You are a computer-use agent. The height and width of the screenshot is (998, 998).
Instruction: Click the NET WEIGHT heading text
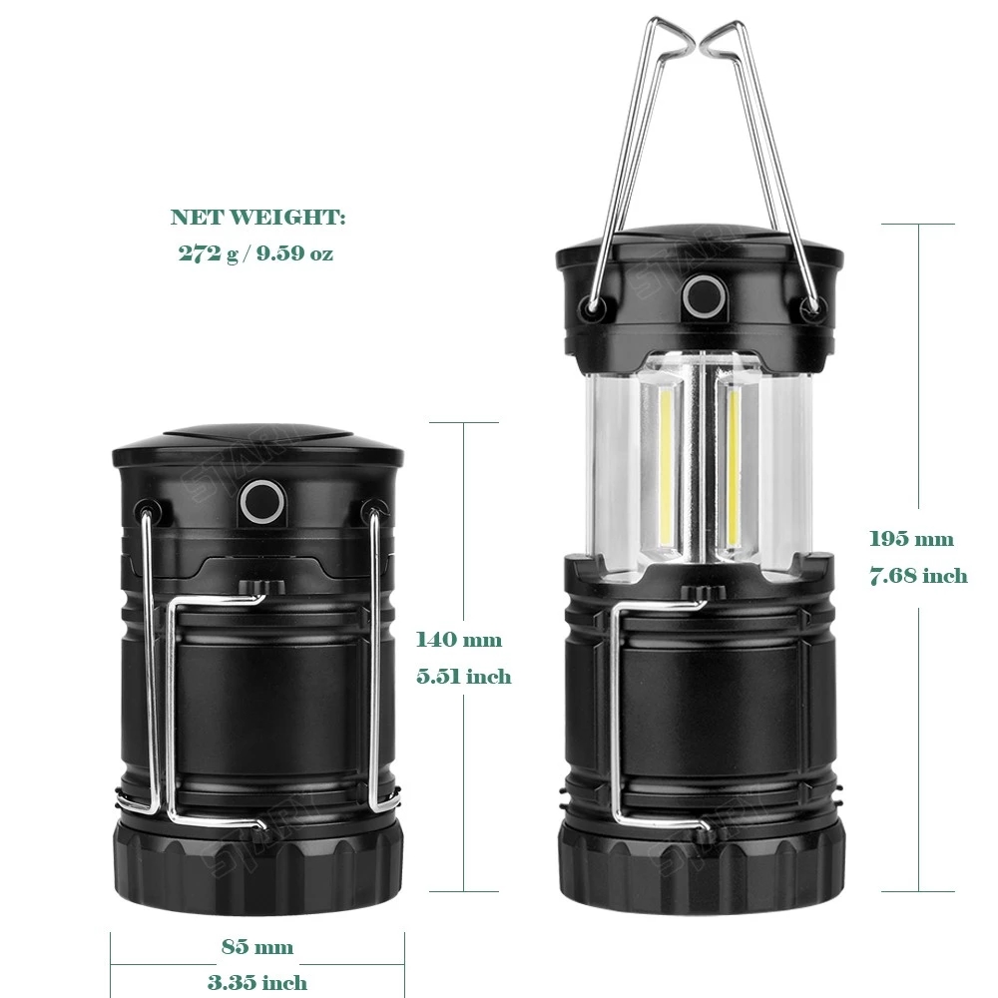[257, 217]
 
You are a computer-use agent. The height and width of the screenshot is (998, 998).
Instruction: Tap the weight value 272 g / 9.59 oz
[255, 253]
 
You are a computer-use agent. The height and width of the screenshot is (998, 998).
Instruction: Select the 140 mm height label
[459, 639]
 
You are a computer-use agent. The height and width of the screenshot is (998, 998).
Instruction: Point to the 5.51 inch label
[464, 676]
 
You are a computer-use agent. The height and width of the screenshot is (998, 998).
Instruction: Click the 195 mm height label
[911, 539]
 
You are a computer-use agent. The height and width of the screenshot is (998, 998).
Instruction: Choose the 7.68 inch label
[918, 576]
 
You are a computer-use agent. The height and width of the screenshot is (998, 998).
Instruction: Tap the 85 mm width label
[257, 946]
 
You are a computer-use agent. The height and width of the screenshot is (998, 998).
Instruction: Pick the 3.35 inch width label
[257, 982]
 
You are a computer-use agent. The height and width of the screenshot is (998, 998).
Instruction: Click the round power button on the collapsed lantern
[261, 501]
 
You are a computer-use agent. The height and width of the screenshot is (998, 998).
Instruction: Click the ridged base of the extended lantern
[702, 864]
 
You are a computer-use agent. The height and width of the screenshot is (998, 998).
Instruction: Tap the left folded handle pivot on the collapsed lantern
[147, 510]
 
